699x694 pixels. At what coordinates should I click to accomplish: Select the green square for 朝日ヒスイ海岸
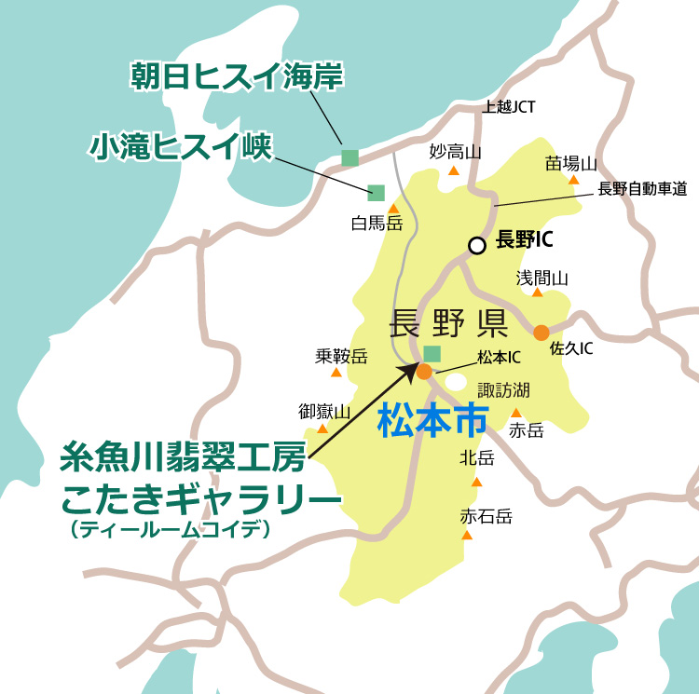[x=349, y=157]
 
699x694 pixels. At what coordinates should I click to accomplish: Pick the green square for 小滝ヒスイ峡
[x=377, y=193]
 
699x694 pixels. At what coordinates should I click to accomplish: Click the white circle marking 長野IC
[x=477, y=246]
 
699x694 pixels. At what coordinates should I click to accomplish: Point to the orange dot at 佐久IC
[x=541, y=332]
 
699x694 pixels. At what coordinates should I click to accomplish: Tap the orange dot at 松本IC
[x=424, y=371]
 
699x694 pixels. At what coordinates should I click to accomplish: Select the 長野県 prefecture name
[x=446, y=323]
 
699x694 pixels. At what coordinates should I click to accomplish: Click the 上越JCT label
[x=509, y=107]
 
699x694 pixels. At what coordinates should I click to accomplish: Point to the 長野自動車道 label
[x=642, y=190]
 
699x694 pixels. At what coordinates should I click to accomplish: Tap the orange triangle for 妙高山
[x=454, y=170]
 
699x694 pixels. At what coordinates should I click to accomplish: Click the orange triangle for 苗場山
[x=574, y=179]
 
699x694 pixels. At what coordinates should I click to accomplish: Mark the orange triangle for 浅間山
[x=538, y=293]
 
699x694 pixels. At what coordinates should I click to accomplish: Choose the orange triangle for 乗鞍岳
[x=336, y=372]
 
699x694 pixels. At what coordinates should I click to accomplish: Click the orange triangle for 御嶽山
[x=322, y=429]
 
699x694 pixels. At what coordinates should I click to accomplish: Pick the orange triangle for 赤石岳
[x=467, y=535]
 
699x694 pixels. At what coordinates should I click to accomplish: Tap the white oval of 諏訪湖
[x=457, y=382]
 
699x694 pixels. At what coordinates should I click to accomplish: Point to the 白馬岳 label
[x=377, y=224]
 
